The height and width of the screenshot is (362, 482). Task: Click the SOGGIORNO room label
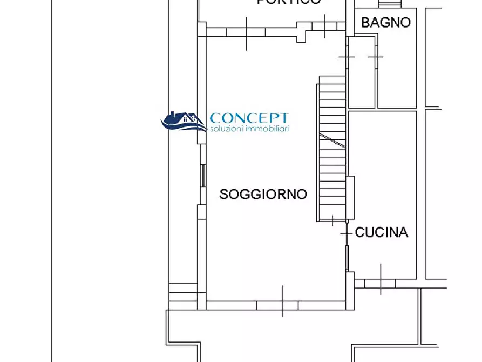[263, 194]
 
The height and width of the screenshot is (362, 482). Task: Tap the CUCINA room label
[382, 232]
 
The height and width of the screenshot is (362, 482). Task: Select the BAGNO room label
[385, 22]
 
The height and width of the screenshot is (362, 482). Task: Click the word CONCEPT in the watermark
[249, 118]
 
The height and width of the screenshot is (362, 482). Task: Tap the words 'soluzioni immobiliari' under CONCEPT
[249, 129]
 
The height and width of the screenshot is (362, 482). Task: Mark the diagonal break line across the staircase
[332, 140]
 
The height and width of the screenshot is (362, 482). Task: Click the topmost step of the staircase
[332, 80]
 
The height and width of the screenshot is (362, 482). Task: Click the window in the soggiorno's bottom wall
[277, 306]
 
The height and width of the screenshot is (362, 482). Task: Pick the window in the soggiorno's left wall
[202, 175]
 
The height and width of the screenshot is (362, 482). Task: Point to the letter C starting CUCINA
[359, 232]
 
